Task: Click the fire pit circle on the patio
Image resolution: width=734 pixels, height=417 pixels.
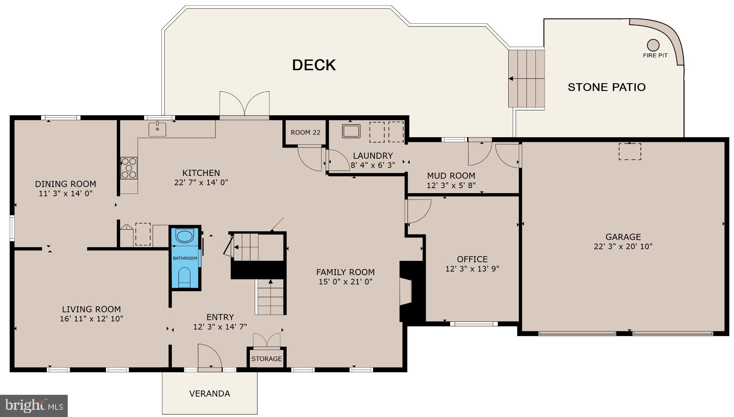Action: click(653, 45)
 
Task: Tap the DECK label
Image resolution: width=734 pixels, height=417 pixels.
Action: click(314, 65)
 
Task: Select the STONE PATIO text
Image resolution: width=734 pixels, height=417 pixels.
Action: click(606, 87)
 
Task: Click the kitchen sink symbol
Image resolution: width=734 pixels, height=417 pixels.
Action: click(157, 129)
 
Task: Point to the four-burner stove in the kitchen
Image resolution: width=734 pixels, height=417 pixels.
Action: click(129, 168)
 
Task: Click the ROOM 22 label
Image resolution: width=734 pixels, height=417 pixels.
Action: click(305, 133)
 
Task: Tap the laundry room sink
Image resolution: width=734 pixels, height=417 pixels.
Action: click(351, 131)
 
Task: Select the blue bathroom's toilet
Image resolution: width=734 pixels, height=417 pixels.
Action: click(185, 277)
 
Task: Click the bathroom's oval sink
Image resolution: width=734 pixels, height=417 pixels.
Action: click(185, 236)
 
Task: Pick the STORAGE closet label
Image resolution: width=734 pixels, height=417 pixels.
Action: click(266, 359)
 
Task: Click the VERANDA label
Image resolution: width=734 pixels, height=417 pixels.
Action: click(210, 393)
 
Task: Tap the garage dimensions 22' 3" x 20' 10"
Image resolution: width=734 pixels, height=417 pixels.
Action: click(623, 246)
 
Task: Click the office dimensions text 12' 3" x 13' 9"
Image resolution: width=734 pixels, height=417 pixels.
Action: click(472, 269)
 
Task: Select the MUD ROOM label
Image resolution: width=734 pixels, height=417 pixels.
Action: click(451, 176)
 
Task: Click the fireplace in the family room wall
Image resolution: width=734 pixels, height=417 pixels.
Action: click(407, 292)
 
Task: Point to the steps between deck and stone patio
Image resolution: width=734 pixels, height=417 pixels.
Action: click(526, 78)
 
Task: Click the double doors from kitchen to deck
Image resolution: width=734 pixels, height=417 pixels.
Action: click(244, 105)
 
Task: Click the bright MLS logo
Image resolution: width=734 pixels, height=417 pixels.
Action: click(34, 406)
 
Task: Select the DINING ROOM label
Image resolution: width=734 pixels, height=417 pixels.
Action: click(66, 184)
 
